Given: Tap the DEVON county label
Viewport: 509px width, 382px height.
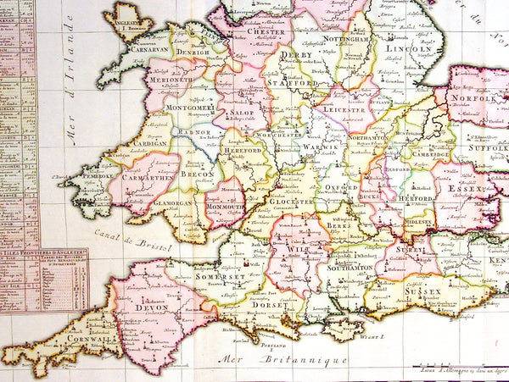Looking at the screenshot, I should click(137, 308).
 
